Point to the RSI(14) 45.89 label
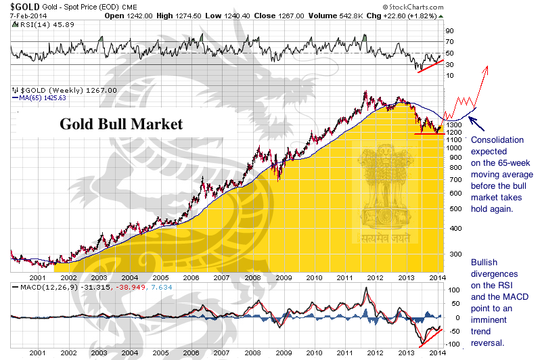coord(36,24)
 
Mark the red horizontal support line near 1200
coord(429,133)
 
